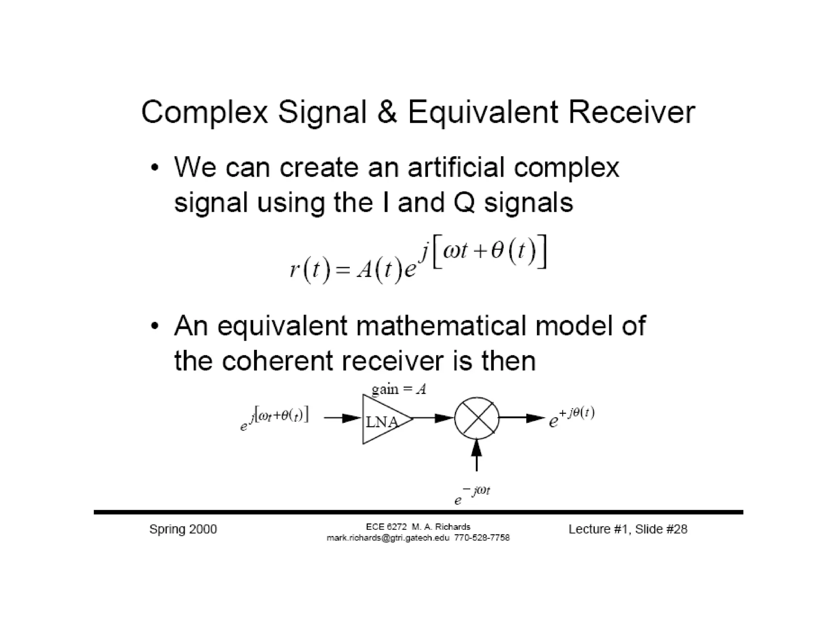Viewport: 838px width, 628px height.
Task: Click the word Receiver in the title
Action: click(631, 112)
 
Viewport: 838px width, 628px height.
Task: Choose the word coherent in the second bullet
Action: click(277, 361)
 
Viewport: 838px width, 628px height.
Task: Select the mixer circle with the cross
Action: click(477, 418)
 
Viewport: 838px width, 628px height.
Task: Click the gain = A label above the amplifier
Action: click(399, 388)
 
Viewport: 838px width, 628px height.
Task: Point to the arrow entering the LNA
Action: click(343, 418)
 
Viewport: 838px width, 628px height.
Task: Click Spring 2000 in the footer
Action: click(183, 529)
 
